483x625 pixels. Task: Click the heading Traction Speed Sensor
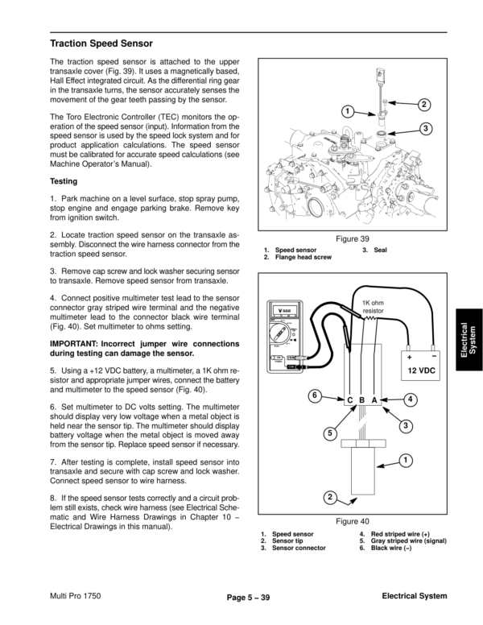(101, 43)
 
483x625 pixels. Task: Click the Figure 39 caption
(353, 238)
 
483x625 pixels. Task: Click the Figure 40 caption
(353, 521)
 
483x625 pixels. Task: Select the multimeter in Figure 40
(292, 338)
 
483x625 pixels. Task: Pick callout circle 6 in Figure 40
(316, 395)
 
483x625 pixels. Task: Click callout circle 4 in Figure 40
(411, 399)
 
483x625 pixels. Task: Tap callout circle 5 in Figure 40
(330, 434)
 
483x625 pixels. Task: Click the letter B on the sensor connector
(363, 399)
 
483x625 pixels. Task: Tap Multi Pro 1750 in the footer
(76, 596)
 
